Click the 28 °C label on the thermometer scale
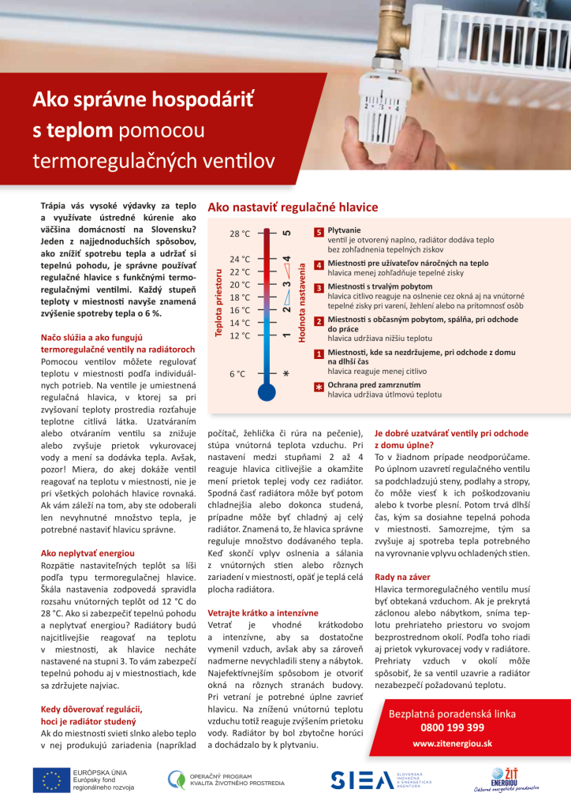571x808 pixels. point(240,234)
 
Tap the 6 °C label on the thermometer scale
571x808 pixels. point(237,374)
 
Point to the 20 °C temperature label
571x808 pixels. point(240,285)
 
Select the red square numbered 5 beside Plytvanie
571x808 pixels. point(319,233)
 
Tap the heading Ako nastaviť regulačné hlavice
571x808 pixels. point(293,208)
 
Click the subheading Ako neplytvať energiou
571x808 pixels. point(88,554)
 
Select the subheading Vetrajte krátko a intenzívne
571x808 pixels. point(263,612)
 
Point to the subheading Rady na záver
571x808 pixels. point(402,578)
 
